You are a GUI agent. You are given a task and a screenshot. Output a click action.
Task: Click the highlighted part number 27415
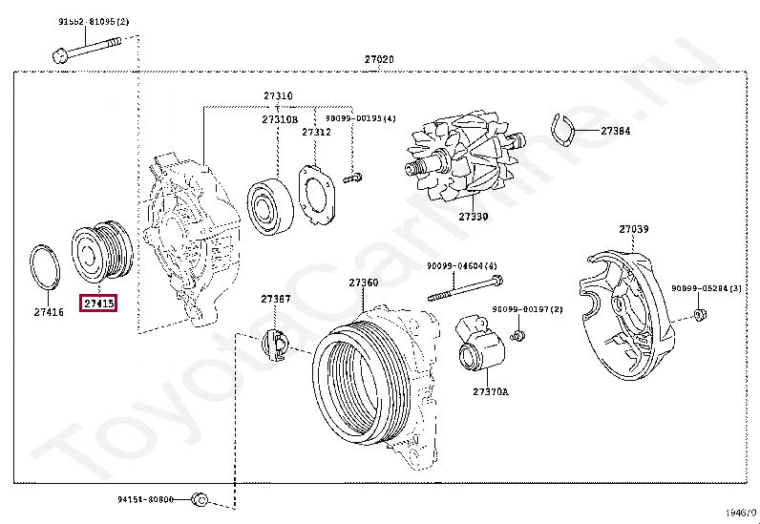point(99,304)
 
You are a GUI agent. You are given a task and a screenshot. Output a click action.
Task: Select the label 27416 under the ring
point(49,311)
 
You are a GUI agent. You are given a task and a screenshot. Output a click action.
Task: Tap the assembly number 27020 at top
point(378,59)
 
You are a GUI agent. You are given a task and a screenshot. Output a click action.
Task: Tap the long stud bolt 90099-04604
point(463,289)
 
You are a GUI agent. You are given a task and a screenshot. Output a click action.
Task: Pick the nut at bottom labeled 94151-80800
point(199,499)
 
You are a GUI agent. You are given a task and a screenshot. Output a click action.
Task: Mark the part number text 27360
point(363,283)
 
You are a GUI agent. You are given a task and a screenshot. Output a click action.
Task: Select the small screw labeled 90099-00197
point(518,335)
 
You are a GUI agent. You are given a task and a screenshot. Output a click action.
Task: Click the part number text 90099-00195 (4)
point(360,118)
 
